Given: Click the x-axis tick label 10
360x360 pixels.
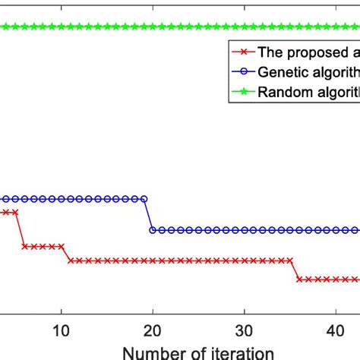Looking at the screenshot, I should [62, 332].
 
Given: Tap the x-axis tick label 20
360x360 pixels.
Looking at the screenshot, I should [153, 332].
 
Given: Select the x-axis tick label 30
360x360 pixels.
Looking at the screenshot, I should [244, 332].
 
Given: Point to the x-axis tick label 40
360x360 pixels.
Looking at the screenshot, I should [335, 332].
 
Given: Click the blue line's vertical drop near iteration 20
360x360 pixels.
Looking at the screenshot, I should [148, 214].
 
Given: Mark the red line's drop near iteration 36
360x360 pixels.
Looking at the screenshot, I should [295, 270].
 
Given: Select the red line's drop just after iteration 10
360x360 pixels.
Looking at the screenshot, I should [66, 253].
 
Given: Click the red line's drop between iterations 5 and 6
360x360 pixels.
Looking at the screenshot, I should [20, 229].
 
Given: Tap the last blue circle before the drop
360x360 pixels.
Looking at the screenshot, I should [144, 199].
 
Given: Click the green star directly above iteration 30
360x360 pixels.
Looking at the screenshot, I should [244, 27].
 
